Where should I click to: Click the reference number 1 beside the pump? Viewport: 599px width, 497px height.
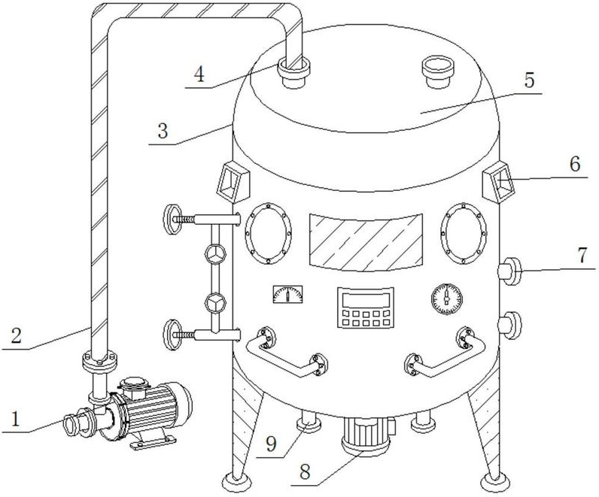tap(15, 419)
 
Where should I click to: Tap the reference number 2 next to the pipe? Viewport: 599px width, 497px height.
tap(16, 335)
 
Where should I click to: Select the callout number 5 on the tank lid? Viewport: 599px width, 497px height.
tap(529, 80)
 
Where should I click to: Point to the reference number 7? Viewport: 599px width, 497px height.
tap(582, 256)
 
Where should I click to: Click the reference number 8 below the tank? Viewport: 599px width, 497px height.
tap(305, 471)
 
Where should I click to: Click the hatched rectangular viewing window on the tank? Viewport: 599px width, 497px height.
tap(366, 242)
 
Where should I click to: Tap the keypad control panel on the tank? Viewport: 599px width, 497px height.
tap(366, 308)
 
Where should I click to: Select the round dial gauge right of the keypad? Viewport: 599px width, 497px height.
tap(446, 299)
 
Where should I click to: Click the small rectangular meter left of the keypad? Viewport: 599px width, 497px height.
tap(288, 294)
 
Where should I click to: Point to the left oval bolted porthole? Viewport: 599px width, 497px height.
tap(269, 233)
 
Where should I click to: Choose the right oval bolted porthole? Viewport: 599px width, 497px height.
tap(464, 233)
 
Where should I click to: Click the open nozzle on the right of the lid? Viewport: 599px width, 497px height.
tap(437, 71)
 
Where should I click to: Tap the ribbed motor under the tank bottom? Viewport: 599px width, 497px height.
tap(366, 435)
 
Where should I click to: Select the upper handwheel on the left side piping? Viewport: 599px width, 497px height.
tap(172, 220)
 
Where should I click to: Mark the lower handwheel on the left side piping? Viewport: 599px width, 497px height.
tap(172, 335)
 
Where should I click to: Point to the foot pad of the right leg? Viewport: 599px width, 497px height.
tap(494, 483)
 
